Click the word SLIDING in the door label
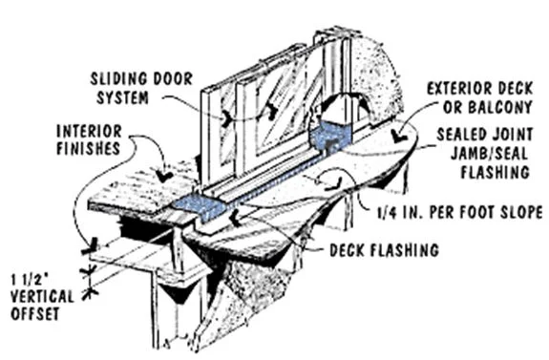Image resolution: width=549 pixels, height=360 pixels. coord(116,79)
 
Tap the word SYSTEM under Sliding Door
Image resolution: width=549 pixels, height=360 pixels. coord(122,97)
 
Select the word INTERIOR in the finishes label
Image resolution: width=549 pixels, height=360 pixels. coord(90,132)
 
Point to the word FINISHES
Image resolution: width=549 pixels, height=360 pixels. coord(89,148)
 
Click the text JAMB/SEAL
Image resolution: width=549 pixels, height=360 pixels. coord(489,153)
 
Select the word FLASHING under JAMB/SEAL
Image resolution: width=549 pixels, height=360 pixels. coord(495,172)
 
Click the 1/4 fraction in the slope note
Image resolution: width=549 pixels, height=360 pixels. coord(388,212)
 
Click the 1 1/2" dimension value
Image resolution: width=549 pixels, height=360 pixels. coord(29,280)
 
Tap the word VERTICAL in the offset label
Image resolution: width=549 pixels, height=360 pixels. coord(42,297)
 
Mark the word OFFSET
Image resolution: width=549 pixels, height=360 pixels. coord(34,313)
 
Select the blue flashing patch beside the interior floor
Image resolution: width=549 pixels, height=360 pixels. coord(201,206)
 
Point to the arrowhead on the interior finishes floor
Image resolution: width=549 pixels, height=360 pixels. coord(163,176)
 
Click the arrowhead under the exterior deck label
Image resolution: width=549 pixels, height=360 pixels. coord(398,137)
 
